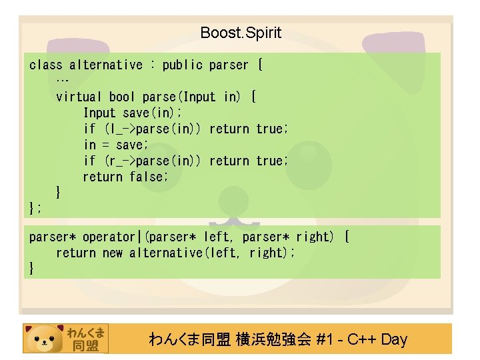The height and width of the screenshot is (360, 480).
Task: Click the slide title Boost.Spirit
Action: (241, 33)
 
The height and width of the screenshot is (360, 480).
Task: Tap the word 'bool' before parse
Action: (123, 97)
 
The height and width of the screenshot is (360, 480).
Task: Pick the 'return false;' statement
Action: (125, 177)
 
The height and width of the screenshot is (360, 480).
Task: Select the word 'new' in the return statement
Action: (113, 253)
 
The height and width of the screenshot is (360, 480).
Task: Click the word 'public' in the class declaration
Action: (183, 65)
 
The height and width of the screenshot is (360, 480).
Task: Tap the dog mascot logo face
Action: (45, 339)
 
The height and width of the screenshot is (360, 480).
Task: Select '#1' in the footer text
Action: (325, 339)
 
